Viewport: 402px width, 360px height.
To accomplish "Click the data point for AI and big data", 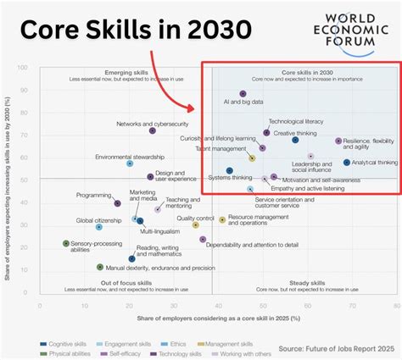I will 243,94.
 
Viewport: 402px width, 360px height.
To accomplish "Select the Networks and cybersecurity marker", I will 153,130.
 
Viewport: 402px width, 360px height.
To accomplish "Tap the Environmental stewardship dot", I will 130,163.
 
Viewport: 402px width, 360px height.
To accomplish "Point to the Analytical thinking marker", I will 346,163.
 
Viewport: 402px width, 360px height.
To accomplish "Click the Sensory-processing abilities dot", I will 66,243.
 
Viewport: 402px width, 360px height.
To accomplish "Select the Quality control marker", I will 195,224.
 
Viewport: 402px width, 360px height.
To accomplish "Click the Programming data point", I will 118,203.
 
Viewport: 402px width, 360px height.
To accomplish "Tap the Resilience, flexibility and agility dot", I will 338,141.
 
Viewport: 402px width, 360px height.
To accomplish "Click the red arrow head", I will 197,110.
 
